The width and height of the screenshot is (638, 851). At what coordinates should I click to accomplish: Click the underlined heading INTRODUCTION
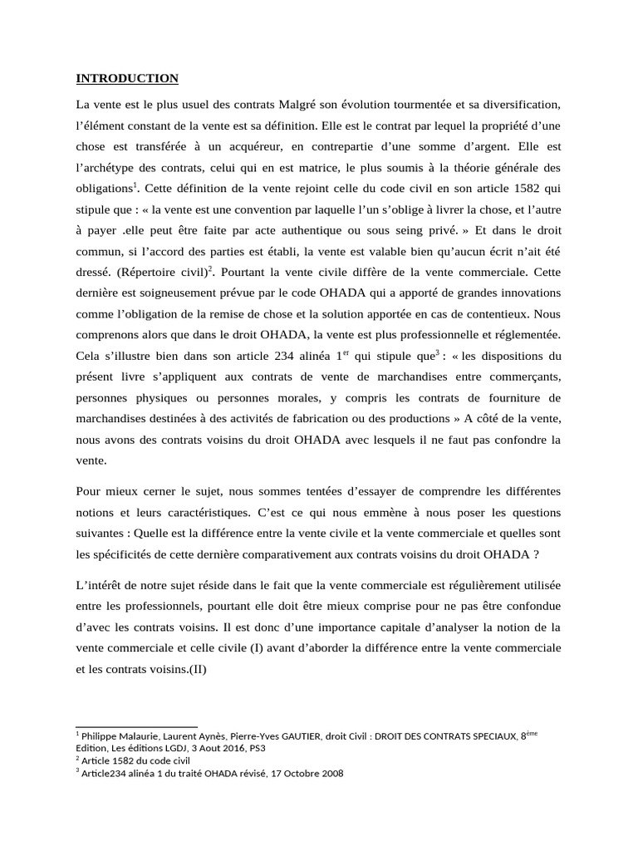(x=127, y=79)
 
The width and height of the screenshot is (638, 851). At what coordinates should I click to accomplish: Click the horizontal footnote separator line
(x=136, y=727)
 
